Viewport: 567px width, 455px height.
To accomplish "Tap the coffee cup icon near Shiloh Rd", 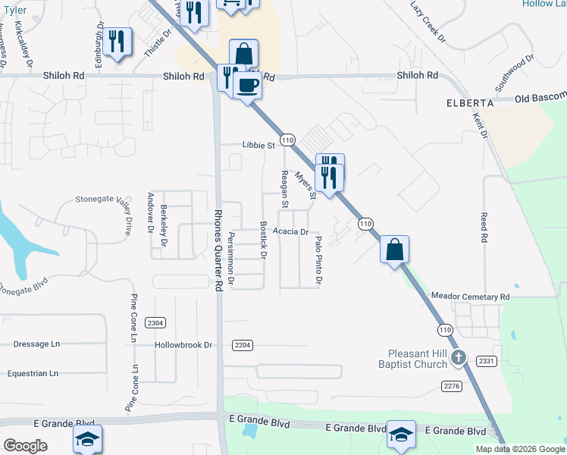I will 246,85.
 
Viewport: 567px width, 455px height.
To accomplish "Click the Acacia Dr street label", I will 291,232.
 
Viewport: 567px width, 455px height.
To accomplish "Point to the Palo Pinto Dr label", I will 318,260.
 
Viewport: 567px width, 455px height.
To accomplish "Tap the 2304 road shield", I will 155,323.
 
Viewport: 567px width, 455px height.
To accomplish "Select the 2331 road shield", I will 487,361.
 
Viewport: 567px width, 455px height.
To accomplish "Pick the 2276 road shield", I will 452,386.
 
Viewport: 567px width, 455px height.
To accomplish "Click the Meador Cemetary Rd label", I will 470,297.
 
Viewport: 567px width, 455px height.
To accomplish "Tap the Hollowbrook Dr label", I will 183,344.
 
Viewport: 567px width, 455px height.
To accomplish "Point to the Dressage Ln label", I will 36,344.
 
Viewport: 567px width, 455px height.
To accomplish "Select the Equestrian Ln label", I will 33,373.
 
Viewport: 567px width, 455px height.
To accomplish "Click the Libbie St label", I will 258,145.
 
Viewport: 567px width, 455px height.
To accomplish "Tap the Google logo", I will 25,446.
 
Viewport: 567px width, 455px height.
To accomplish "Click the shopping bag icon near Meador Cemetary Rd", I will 394,249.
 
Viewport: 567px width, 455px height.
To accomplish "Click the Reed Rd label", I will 483,227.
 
